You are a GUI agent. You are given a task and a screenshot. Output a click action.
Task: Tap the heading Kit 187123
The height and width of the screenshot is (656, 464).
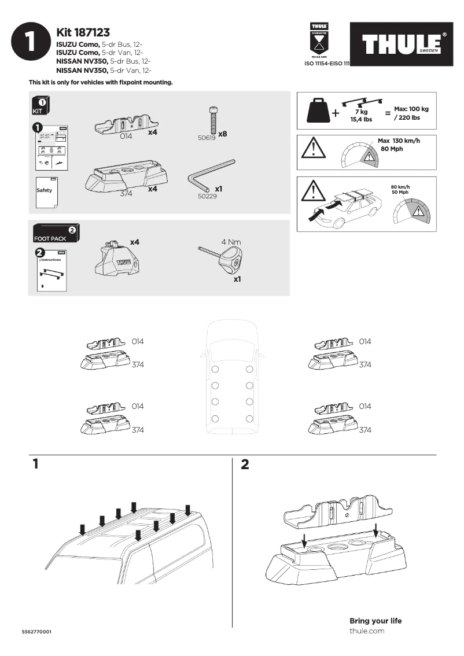point(83,33)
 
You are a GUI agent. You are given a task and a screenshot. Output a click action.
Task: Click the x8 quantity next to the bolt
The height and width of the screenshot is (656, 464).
point(223,134)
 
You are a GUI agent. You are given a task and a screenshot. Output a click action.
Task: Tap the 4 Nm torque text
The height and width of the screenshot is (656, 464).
point(231,241)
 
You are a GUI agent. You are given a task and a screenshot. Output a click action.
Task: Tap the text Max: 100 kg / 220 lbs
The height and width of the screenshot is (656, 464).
point(411,113)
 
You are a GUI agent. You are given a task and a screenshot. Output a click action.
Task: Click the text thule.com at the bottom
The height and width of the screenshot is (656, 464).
point(367,631)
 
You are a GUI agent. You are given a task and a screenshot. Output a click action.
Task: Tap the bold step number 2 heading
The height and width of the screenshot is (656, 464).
point(245,465)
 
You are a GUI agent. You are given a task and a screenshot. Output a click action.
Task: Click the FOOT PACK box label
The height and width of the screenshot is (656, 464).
point(51,238)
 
